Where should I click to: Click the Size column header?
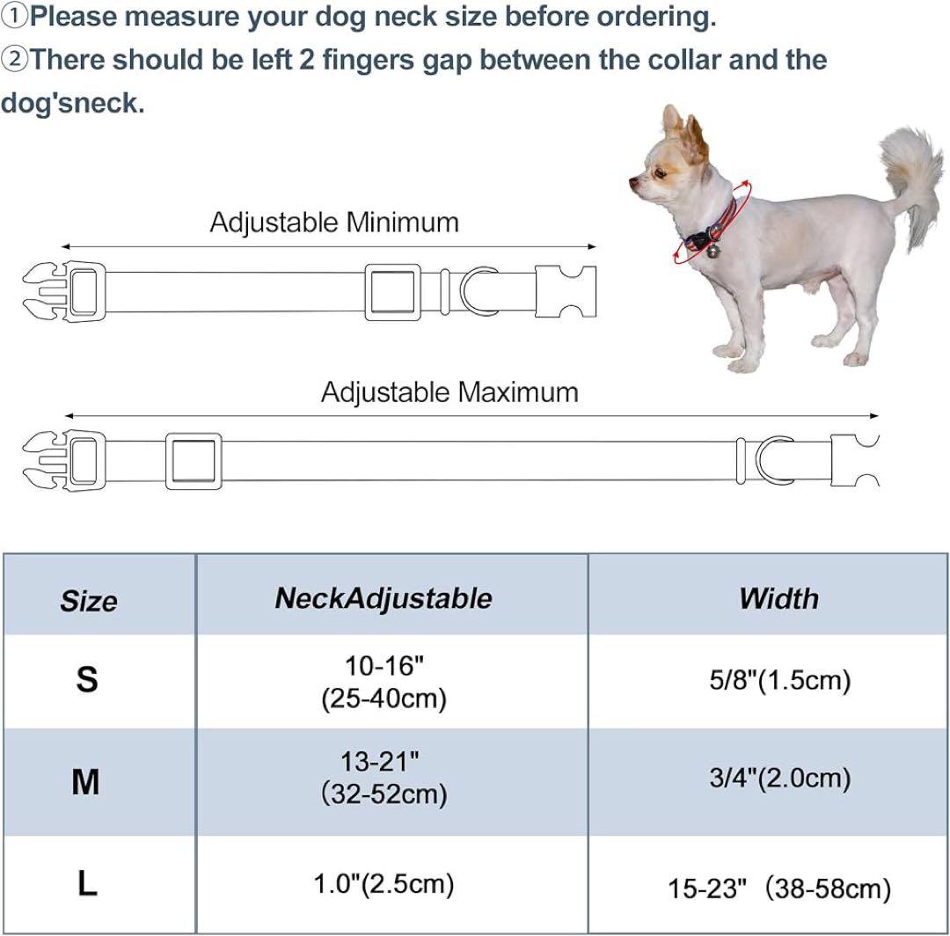(x=89, y=600)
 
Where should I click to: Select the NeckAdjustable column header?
(x=384, y=598)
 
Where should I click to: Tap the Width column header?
(x=779, y=598)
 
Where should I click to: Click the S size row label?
(x=86, y=679)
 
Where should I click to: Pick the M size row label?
(x=85, y=781)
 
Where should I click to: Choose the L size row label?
(x=87, y=883)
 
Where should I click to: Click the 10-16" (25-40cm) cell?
(x=384, y=682)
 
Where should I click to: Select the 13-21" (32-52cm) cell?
(x=384, y=778)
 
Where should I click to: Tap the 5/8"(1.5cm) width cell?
(x=780, y=680)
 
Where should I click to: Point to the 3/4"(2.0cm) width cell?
(x=780, y=778)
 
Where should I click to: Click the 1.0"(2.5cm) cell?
(x=384, y=884)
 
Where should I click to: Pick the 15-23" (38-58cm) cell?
(x=779, y=888)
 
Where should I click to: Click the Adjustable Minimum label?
(x=334, y=223)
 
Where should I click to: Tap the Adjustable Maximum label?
(x=449, y=392)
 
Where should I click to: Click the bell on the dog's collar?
(x=713, y=249)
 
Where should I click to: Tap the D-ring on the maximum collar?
(x=760, y=461)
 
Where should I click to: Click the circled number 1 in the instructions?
(x=13, y=17)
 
